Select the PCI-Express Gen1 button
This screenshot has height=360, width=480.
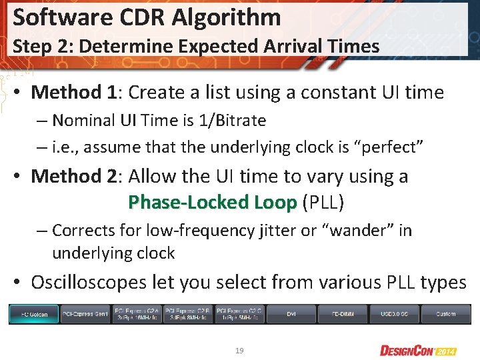(85, 313)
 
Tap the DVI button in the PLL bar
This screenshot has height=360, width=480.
(291, 313)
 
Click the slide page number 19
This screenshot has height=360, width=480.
(239, 349)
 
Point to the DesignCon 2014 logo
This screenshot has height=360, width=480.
(419, 350)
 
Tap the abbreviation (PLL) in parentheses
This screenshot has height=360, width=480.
(324, 202)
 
